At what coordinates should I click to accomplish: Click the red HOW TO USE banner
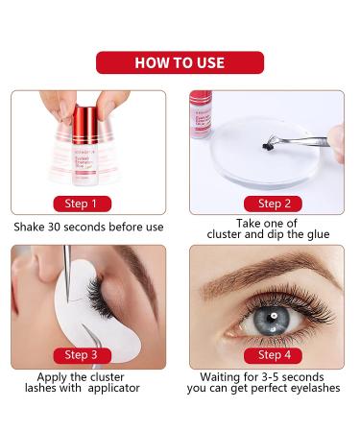pyautogui.click(x=180, y=63)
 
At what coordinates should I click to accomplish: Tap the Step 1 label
pyautogui.click(x=81, y=203)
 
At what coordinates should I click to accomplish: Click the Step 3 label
pyautogui.click(x=81, y=355)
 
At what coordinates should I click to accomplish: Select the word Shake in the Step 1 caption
pyautogui.click(x=30, y=228)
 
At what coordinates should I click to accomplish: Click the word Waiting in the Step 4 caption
pyautogui.click(x=224, y=376)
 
